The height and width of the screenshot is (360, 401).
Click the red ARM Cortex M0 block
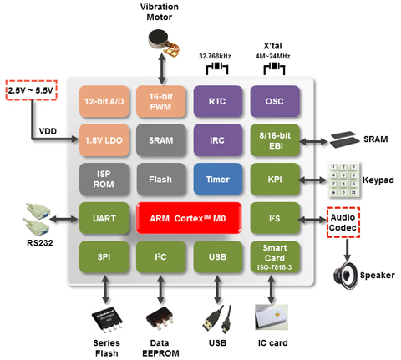189,218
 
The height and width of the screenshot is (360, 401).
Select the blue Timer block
218,179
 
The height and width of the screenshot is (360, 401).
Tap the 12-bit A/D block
104,101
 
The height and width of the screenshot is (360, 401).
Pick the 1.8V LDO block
104,140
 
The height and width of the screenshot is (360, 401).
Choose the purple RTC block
218,101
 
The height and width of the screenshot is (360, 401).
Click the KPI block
275,179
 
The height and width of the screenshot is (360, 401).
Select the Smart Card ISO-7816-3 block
275,257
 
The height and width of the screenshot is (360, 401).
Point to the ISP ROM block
104,179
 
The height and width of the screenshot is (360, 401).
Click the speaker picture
345,276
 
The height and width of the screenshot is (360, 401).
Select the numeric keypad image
344,180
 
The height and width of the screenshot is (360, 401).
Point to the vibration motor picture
163,42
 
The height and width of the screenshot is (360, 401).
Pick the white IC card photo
272,317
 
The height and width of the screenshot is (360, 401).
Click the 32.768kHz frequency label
215,56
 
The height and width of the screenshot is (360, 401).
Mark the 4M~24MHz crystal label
273,56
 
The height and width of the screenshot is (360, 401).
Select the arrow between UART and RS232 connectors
64,220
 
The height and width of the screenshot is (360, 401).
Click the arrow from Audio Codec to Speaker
347,250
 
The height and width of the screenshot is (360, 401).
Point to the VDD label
48,131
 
